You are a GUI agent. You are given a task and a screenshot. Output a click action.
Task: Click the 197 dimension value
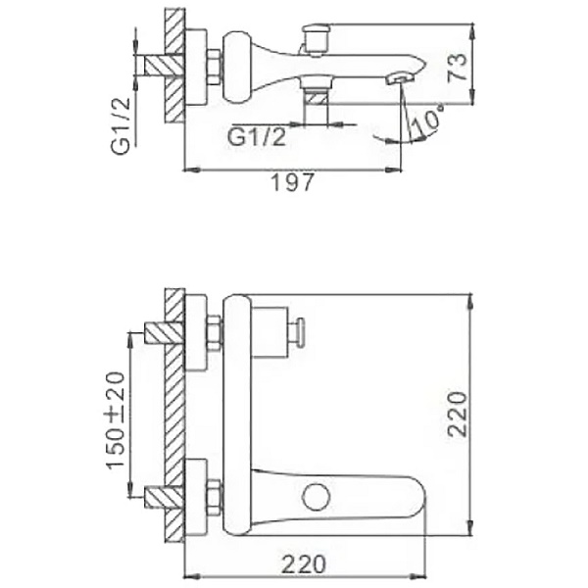pyautogui.click(x=292, y=183)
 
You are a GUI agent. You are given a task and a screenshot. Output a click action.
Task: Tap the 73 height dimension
pyautogui.click(x=458, y=68)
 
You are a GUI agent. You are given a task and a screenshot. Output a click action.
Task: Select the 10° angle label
pyautogui.click(x=425, y=121)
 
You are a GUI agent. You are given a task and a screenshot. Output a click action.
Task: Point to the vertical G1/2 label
pyautogui.click(x=121, y=126)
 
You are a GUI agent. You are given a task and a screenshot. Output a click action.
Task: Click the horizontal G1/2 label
pyautogui.click(x=257, y=136)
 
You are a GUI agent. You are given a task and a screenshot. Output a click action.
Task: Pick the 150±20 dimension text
pyautogui.click(x=115, y=420)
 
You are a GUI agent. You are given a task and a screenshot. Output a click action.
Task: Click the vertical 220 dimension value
pyautogui.click(x=458, y=414)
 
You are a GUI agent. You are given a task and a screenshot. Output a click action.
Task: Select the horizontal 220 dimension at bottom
pyautogui.click(x=304, y=563)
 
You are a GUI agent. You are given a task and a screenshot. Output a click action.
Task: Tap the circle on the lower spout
pyautogui.click(x=317, y=497)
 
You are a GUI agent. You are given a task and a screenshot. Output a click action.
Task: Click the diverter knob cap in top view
pyautogui.click(x=316, y=28)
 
